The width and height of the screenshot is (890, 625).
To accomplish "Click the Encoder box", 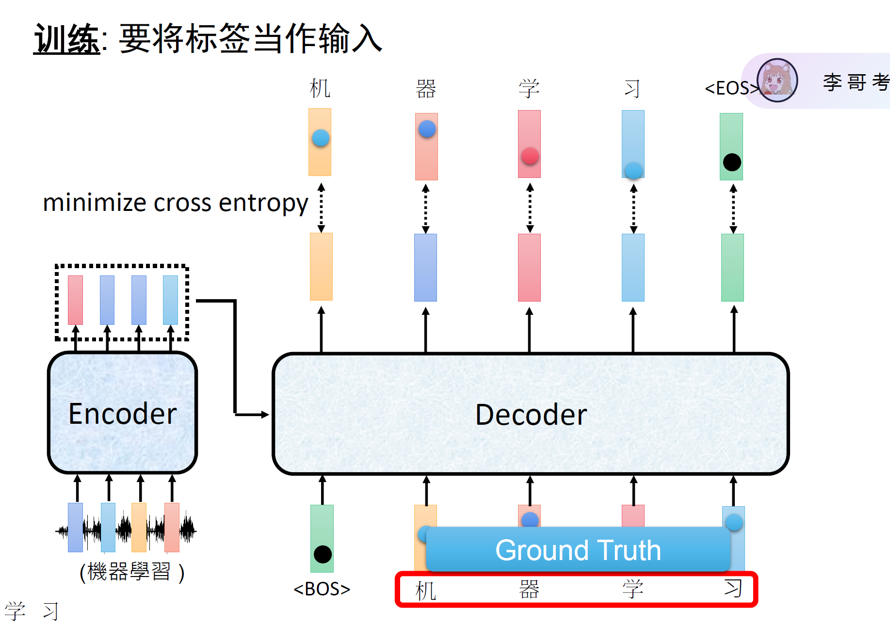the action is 122,412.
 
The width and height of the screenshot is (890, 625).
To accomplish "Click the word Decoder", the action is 531,415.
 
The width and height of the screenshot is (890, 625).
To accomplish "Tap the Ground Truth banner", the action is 578,549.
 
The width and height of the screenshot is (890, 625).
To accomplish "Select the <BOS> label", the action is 322,589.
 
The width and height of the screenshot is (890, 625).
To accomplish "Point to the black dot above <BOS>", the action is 323,554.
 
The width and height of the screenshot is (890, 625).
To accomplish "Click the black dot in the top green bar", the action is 732,162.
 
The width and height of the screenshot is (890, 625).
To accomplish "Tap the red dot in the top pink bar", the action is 530,156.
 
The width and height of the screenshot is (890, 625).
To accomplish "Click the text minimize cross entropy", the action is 176,203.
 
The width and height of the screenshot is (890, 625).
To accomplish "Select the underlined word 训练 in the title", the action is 67,39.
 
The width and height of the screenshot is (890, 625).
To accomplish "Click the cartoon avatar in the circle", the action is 777,80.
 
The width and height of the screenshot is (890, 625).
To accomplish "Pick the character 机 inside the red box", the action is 425,591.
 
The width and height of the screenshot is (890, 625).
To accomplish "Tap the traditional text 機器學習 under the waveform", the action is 129,572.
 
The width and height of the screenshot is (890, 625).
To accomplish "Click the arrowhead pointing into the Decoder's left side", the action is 265,415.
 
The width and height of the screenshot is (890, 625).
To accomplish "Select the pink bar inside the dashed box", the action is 75,300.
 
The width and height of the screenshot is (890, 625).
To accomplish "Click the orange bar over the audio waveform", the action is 139,528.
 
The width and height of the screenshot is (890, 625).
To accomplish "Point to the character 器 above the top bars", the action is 426,89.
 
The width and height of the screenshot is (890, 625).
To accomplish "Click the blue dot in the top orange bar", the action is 321,138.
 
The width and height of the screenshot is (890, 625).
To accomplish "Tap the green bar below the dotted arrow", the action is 732,268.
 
